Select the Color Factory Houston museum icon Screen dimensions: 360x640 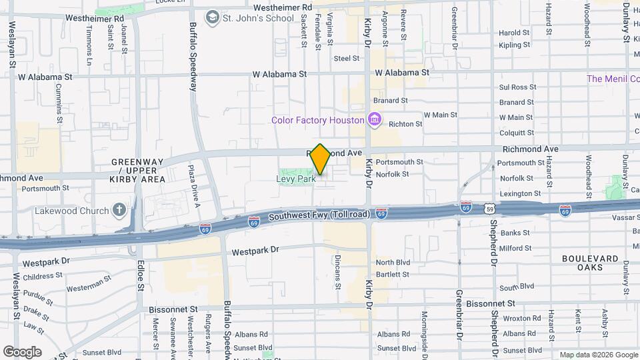375,120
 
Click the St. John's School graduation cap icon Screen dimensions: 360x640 212,17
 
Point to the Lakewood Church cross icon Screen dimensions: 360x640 119,211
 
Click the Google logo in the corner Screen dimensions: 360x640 22,352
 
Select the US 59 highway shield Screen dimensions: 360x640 490,209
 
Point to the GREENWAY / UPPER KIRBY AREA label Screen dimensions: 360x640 137,171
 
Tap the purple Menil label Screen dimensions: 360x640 613,79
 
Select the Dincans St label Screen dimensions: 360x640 338,273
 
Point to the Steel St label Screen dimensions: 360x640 347,59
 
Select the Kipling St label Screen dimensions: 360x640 514,45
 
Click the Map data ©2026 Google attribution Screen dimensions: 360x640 598,355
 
